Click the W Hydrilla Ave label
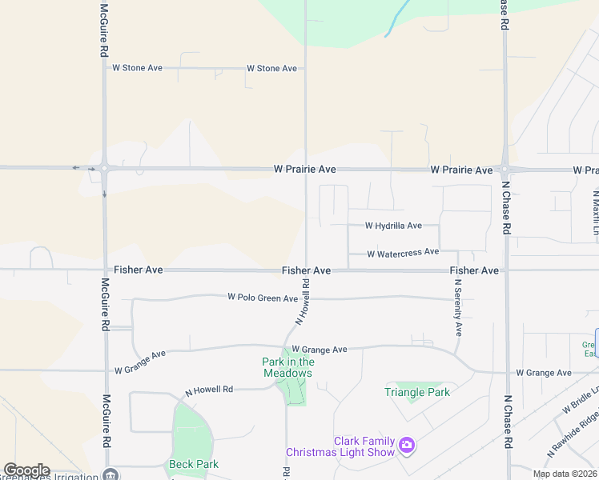(393, 226)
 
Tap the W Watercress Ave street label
(403, 253)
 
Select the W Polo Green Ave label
(263, 298)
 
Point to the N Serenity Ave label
(459, 306)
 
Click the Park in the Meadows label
(287, 367)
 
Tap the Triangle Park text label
(416, 392)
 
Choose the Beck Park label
(194, 464)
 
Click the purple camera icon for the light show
(407, 445)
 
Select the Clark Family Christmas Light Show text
(364, 446)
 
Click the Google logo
(26, 470)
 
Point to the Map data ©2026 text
(564, 474)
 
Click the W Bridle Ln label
(580, 398)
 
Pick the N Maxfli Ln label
(596, 212)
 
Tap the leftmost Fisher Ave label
(138, 270)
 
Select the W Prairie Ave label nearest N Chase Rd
(461, 170)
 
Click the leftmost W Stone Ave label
(137, 68)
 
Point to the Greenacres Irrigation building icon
(112, 474)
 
